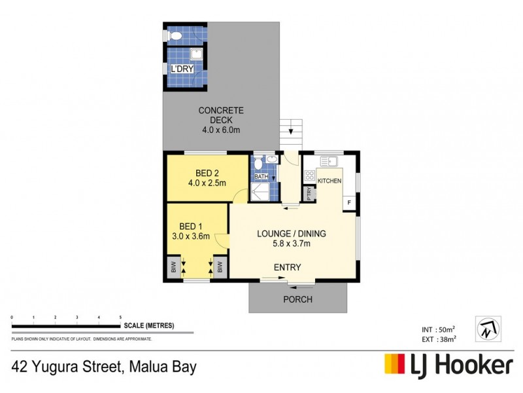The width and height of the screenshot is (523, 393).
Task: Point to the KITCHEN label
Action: click(x=329, y=180)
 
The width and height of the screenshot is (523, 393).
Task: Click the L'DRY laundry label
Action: click(x=182, y=69)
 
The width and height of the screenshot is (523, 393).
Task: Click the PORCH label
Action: click(x=297, y=300)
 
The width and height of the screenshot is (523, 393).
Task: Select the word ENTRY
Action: click(x=288, y=267)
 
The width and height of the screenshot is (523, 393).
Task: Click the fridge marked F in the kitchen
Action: click(x=350, y=202)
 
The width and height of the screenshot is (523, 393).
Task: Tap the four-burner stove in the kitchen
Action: click(x=309, y=176)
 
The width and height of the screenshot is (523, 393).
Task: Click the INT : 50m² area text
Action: click(x=438, y=329)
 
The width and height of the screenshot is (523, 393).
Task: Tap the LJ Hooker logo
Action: click(x=448, y=365)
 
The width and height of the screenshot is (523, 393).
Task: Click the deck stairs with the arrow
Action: click(x=291, y=134)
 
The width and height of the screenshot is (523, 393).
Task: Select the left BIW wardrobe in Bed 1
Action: click(x=173, y=267)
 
